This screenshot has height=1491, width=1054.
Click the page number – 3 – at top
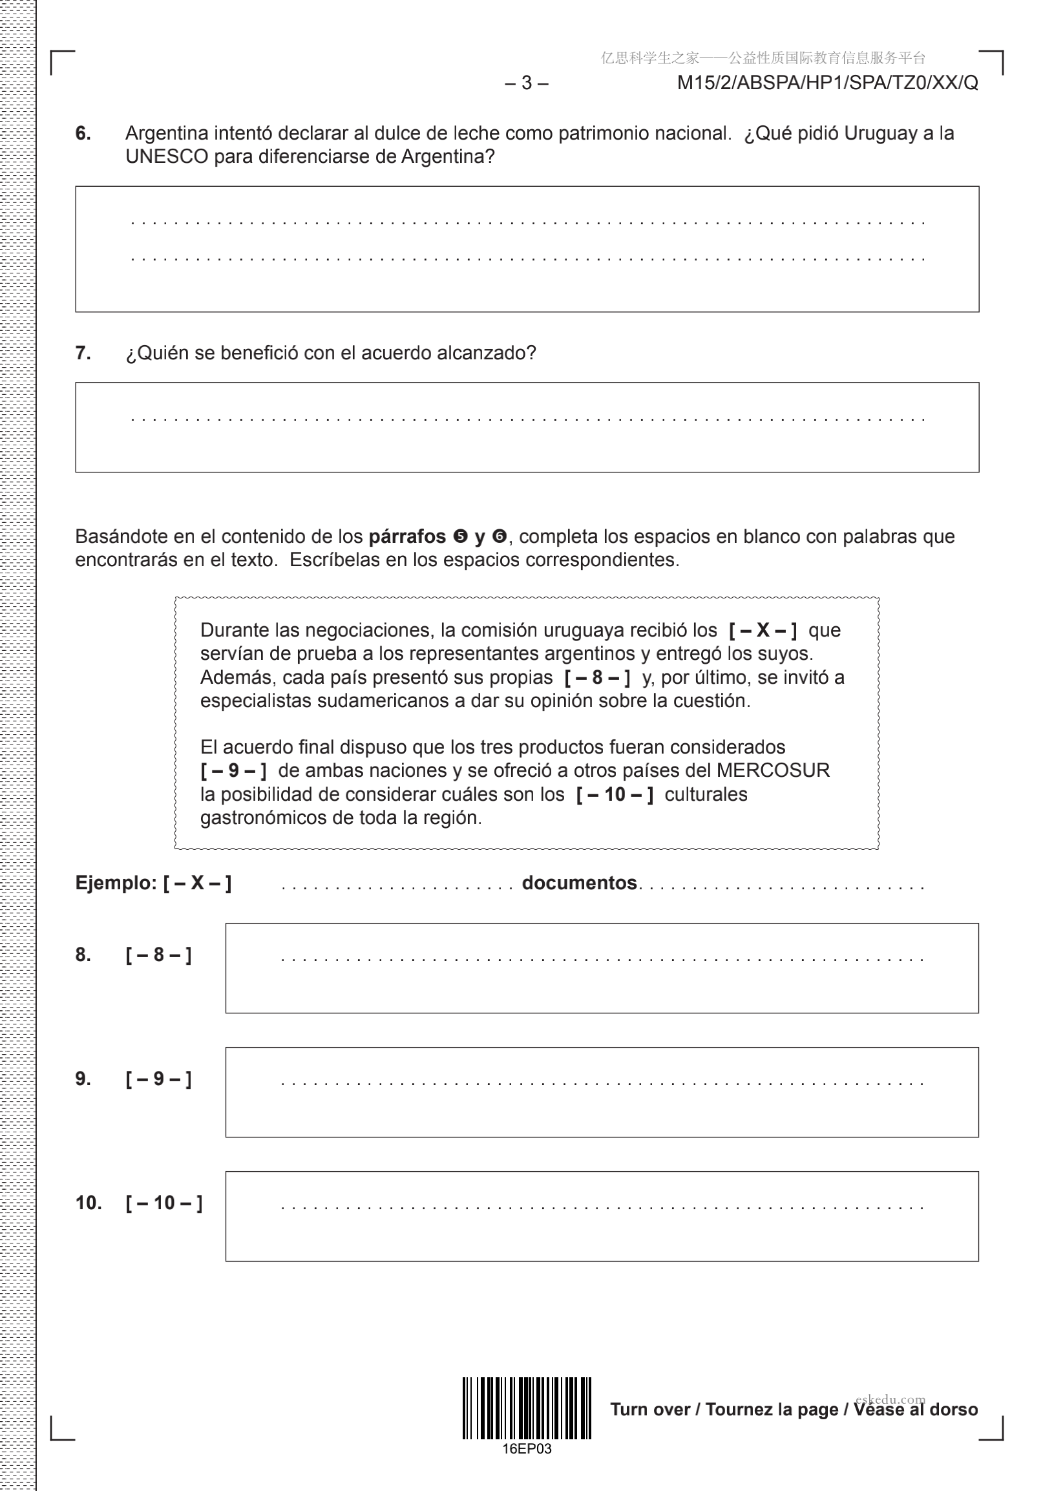point(526,83)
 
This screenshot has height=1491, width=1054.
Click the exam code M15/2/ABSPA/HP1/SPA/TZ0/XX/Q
point(827,83)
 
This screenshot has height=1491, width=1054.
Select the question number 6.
point(83,133)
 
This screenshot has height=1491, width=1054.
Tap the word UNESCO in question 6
point(166,156)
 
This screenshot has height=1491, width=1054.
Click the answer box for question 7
point(527,427)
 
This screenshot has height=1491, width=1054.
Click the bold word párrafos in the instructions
point(406,536)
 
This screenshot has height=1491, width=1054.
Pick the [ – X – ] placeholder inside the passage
point(763,630)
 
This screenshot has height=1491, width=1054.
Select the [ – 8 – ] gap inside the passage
point(597,677)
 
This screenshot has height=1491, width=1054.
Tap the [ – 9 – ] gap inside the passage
point(233,770)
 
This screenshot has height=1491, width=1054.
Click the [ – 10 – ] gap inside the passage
point(615,794)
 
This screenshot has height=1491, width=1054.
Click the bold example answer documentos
point(579,883)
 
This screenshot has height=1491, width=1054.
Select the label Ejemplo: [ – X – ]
point(153,883)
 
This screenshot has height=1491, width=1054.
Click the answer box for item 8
point(602,968)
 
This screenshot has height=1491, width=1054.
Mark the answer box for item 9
point(602,1092)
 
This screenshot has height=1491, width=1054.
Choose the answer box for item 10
point(602,1216)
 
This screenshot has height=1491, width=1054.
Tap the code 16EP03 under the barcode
point(527,1449)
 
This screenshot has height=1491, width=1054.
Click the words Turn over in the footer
point(650,1409)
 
